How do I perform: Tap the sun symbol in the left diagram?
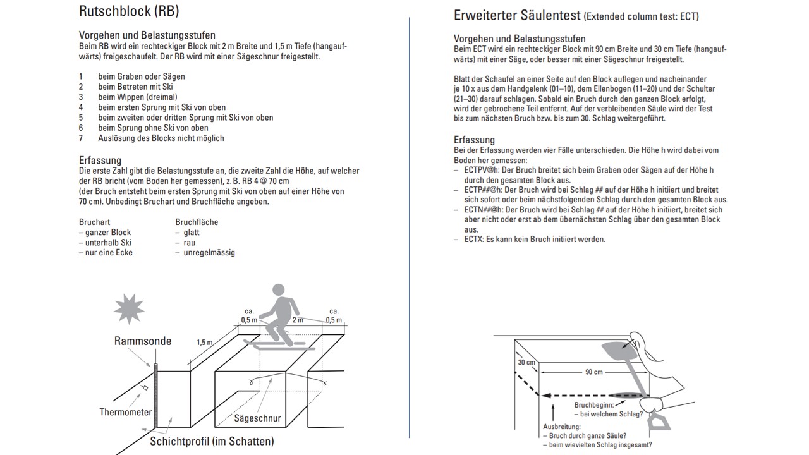coord(128,310)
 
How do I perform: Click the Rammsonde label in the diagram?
coord(142,341)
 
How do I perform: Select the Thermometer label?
coord(126,412)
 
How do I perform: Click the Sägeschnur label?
coord(257,418)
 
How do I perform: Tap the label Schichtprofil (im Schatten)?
coord(212,441)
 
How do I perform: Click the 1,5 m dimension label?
coord(204,343)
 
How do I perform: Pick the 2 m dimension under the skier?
coord(297,320)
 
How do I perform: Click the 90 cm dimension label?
coord(592,372)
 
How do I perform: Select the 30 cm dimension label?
coord(526,363)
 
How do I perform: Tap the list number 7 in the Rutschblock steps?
coord(81,138)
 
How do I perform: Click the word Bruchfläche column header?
coord(197,222)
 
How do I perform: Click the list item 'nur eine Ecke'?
coord(108,253)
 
